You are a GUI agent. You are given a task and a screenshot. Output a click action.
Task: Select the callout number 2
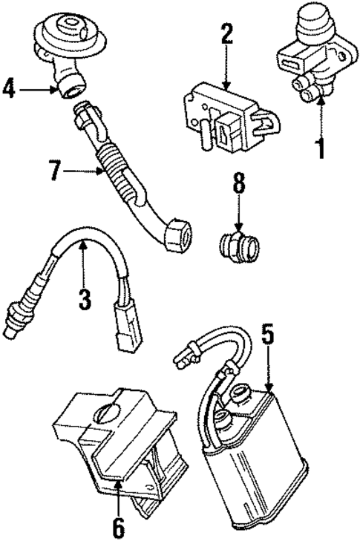point(226,33)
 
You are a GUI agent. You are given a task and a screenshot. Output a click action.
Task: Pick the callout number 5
point(268,335)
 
